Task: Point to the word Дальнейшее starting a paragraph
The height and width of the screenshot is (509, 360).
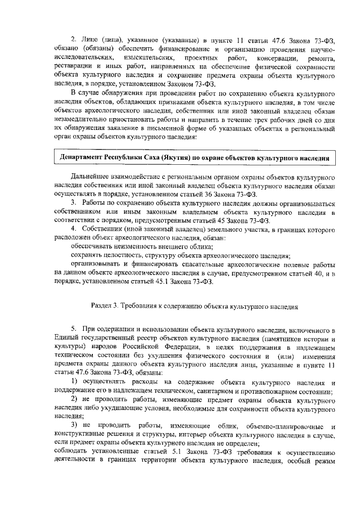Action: [x=93, y=177]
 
